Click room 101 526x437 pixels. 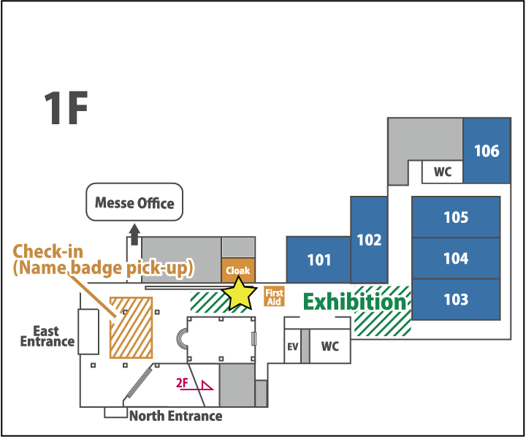click(x=319, y=259)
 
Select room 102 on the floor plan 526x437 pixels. click(x=369, y=240)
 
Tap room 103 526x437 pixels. click(x=456, y=300)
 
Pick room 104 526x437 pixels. click(x=456, y=259)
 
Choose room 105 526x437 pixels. click(x=456, y=217)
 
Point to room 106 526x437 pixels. click(x=487, y=151)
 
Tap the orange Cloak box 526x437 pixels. click(x=238, y=270)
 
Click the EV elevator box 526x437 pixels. click(x=292, y=346)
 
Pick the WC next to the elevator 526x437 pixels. click(x=329, y=346)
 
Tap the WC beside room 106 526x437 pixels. click(x=443, y=172)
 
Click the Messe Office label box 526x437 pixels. click(x=135, y=202)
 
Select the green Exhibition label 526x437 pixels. click(x=354, y=302)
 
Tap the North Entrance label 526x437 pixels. click(x=175, y=417)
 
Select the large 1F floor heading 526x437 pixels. click(x=66, y=110)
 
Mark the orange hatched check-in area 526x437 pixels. click(x=131, y=327)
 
